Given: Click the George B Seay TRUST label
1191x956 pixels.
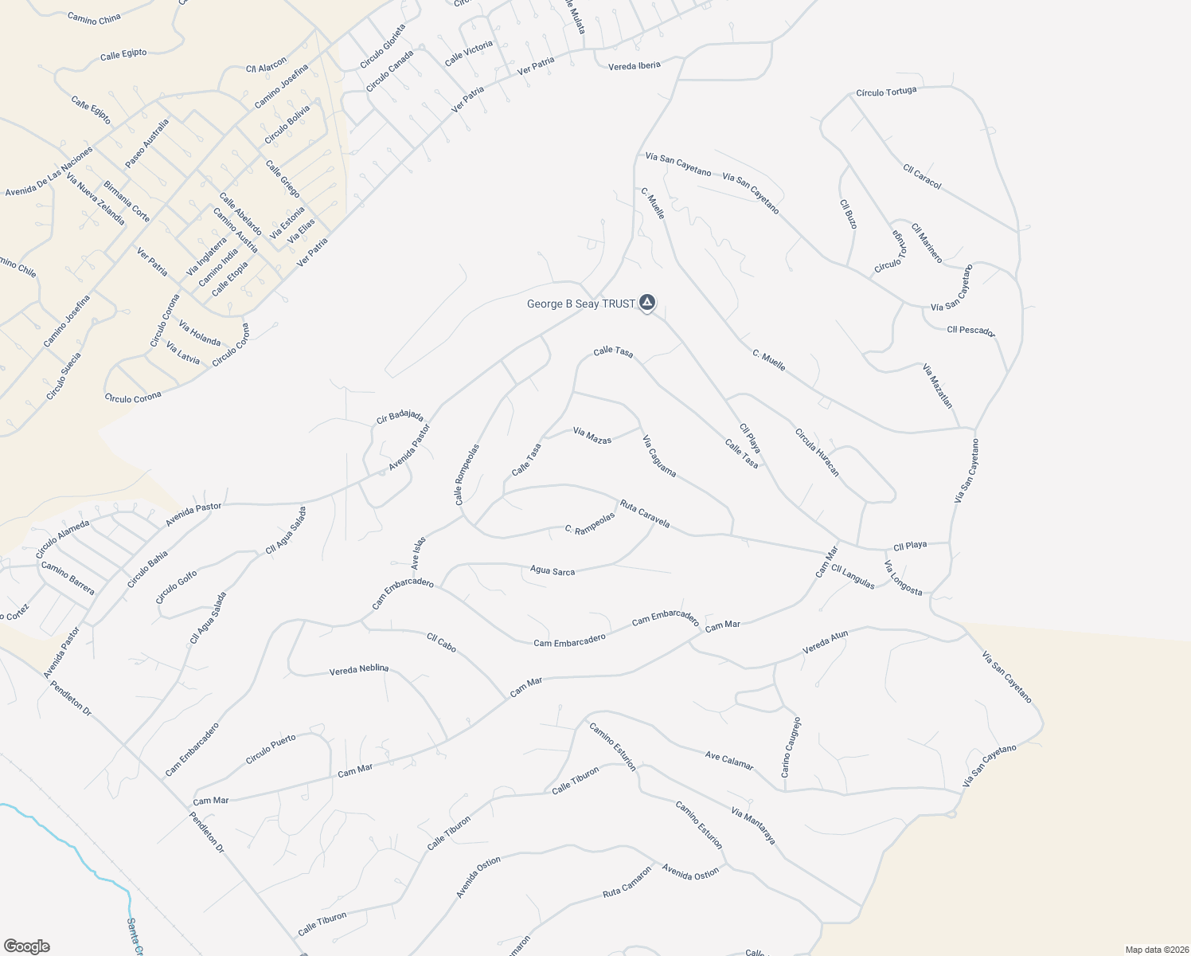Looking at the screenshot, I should [581, 304].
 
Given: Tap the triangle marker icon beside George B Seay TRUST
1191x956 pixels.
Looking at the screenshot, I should [648, 303].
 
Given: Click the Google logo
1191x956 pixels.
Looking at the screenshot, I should [27, 946].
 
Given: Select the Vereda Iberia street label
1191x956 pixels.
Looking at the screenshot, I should [635, 65].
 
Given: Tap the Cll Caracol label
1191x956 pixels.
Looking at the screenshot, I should [922, 177].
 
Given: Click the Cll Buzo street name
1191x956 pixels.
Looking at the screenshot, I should [849, 214].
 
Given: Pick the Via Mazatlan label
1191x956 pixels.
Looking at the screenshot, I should [938, 386].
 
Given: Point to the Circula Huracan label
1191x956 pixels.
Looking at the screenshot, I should [817, 453].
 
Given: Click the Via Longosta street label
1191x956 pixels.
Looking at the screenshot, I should [903, 578].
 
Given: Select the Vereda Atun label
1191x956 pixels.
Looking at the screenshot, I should [826, 642].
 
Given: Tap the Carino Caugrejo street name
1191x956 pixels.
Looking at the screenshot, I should [791, 747].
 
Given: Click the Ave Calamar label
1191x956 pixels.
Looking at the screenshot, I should [729, 760].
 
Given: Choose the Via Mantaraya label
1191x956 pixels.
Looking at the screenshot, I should [752, 825].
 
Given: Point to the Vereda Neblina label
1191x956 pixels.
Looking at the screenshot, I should [359, 670].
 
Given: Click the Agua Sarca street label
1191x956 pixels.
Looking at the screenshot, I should [553, 570].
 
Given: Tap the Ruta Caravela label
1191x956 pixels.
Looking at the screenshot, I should [645, 514].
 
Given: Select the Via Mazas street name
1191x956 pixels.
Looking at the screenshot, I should [592, 435].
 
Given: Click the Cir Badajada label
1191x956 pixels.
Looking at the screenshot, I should [400, 417].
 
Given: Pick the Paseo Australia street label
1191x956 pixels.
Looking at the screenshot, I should [147, 143].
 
